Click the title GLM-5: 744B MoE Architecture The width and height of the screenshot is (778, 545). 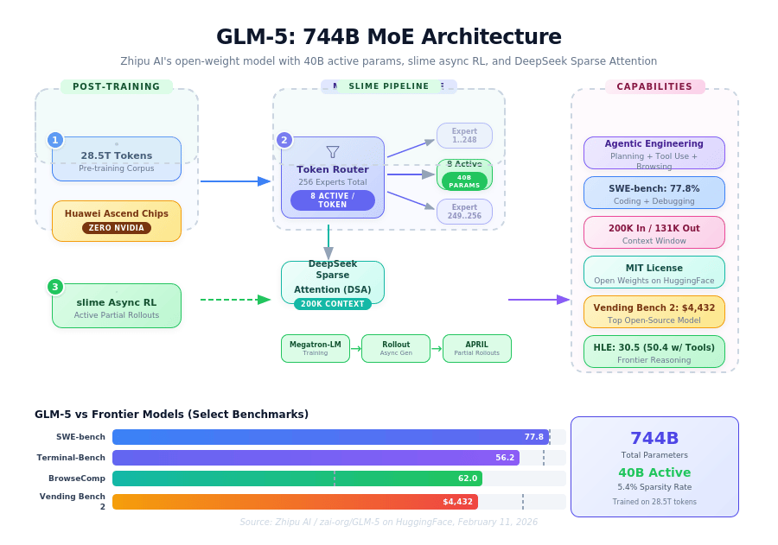(388, 37)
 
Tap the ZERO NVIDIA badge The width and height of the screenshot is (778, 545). (117, 228)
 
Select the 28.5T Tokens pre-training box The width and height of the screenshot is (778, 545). (117, 160)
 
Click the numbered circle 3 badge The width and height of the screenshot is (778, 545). (55, 287)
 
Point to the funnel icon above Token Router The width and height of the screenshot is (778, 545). (333, 152)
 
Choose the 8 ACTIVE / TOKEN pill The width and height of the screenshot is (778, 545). (333, 200)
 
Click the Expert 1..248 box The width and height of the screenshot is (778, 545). (464, 136)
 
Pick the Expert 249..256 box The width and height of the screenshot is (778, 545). (464, 212)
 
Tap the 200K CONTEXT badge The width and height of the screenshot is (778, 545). (333, 304)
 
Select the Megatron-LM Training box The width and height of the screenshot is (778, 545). (316, 348)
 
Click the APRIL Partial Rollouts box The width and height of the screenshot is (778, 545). (477, 348)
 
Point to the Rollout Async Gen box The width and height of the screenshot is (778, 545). (396, 348)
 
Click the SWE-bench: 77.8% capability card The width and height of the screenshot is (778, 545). (654, 193)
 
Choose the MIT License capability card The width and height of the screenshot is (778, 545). (654, 272)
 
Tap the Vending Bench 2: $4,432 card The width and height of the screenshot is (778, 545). (654, 312)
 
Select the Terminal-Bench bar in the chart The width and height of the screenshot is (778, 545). (316, 458)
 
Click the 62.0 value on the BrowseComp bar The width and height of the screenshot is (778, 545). (468, 478)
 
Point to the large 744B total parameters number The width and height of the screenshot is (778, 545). (654, 439)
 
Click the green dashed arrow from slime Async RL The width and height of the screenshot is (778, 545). (235, 300)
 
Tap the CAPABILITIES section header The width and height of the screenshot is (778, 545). (654, 86)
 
